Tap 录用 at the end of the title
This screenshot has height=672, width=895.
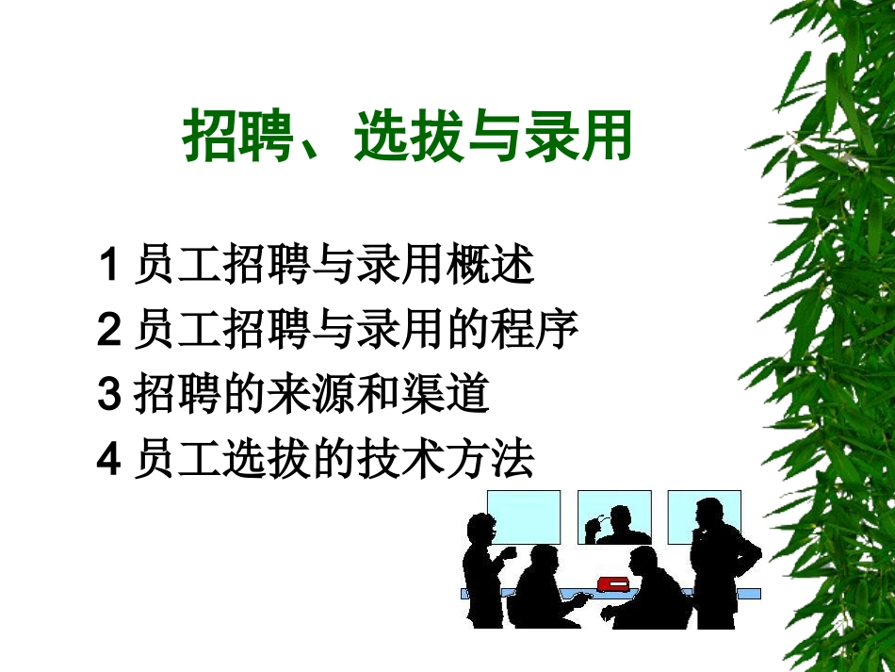[x=588, y=139]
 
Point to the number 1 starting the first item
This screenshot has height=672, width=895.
[x=107, y=265]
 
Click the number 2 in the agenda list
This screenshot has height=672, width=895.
[x=107, y=330]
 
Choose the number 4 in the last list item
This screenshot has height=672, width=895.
[x=107, y=460]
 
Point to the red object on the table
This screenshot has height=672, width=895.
[x=613, y=582]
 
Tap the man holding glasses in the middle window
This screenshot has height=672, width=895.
[x=620, y=526]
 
